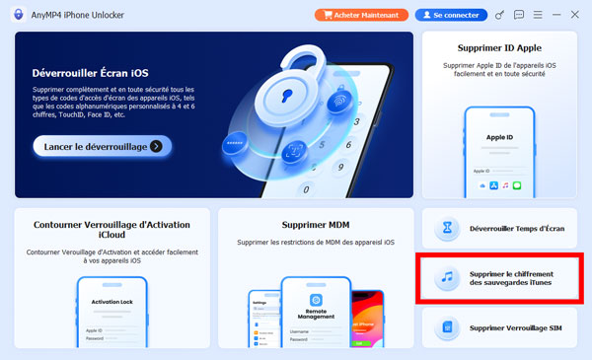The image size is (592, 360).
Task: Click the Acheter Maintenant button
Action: point(360,15)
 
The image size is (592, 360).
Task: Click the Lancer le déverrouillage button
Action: point(103,146)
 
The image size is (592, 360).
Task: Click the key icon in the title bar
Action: point(500,15)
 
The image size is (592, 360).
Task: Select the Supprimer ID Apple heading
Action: point(499,47)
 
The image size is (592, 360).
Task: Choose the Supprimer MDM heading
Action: point(316,224)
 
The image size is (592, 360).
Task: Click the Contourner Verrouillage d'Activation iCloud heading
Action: point(111,231)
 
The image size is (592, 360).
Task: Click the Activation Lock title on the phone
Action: point(111,304)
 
